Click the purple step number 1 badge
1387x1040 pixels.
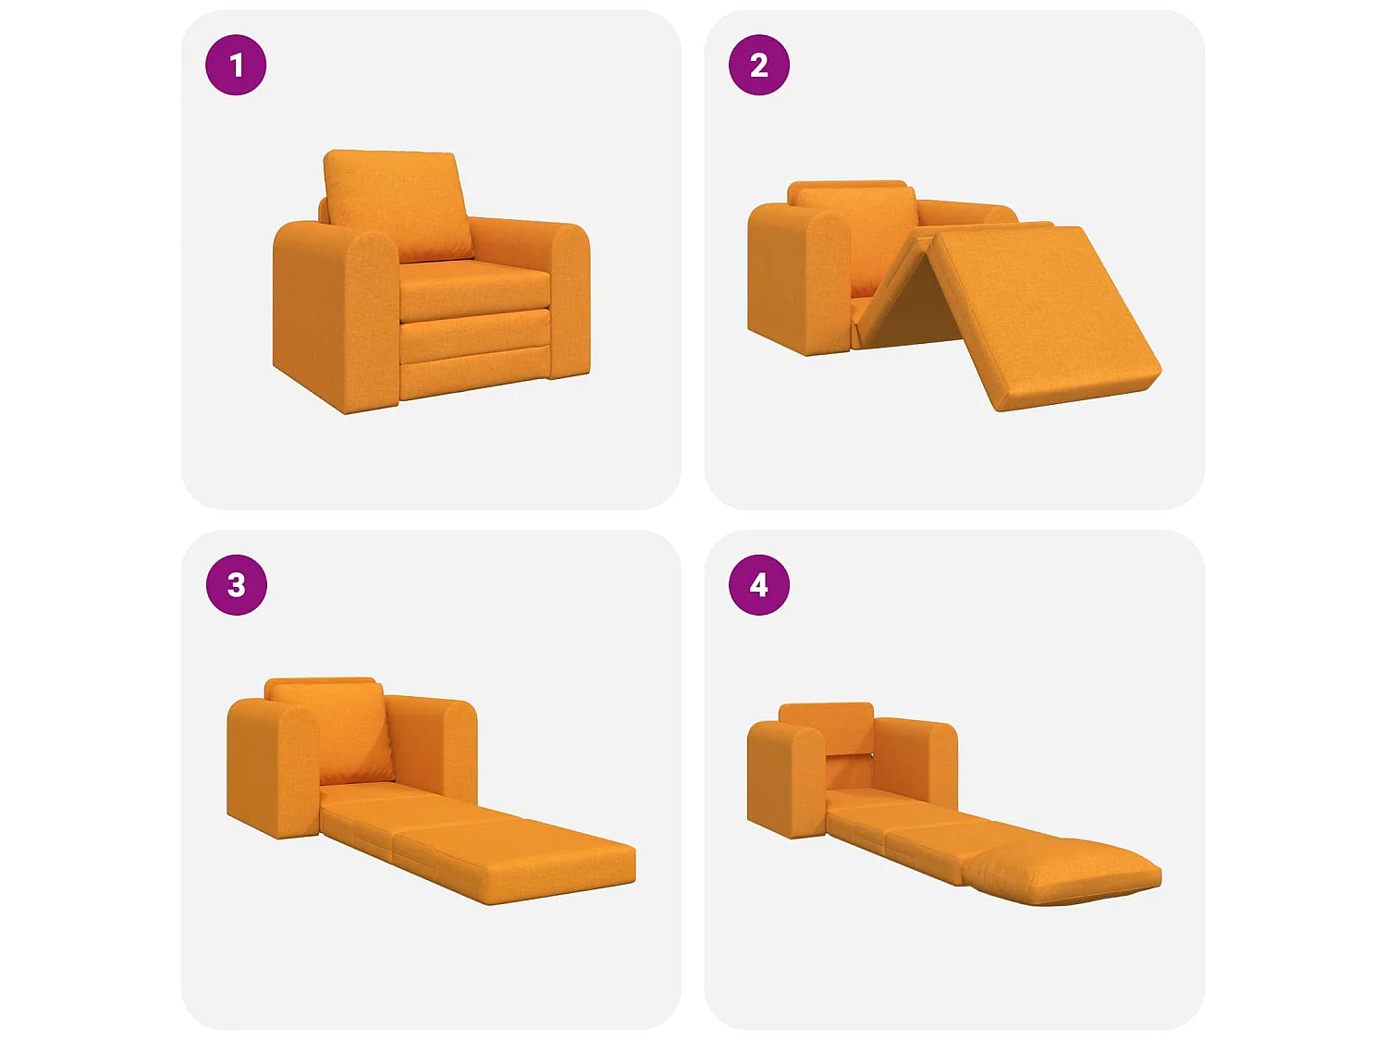coord(236,65)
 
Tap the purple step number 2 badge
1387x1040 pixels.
coord(758,65)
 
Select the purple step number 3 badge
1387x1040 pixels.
coord(237,585)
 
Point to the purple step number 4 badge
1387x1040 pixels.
coord(758,585)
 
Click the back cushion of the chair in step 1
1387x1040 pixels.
coord(399,205)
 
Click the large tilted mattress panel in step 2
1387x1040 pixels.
coord(1043,316)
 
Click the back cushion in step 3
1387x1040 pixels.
coord(335,732)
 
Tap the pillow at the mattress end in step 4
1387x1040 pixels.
coord(1062,870)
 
